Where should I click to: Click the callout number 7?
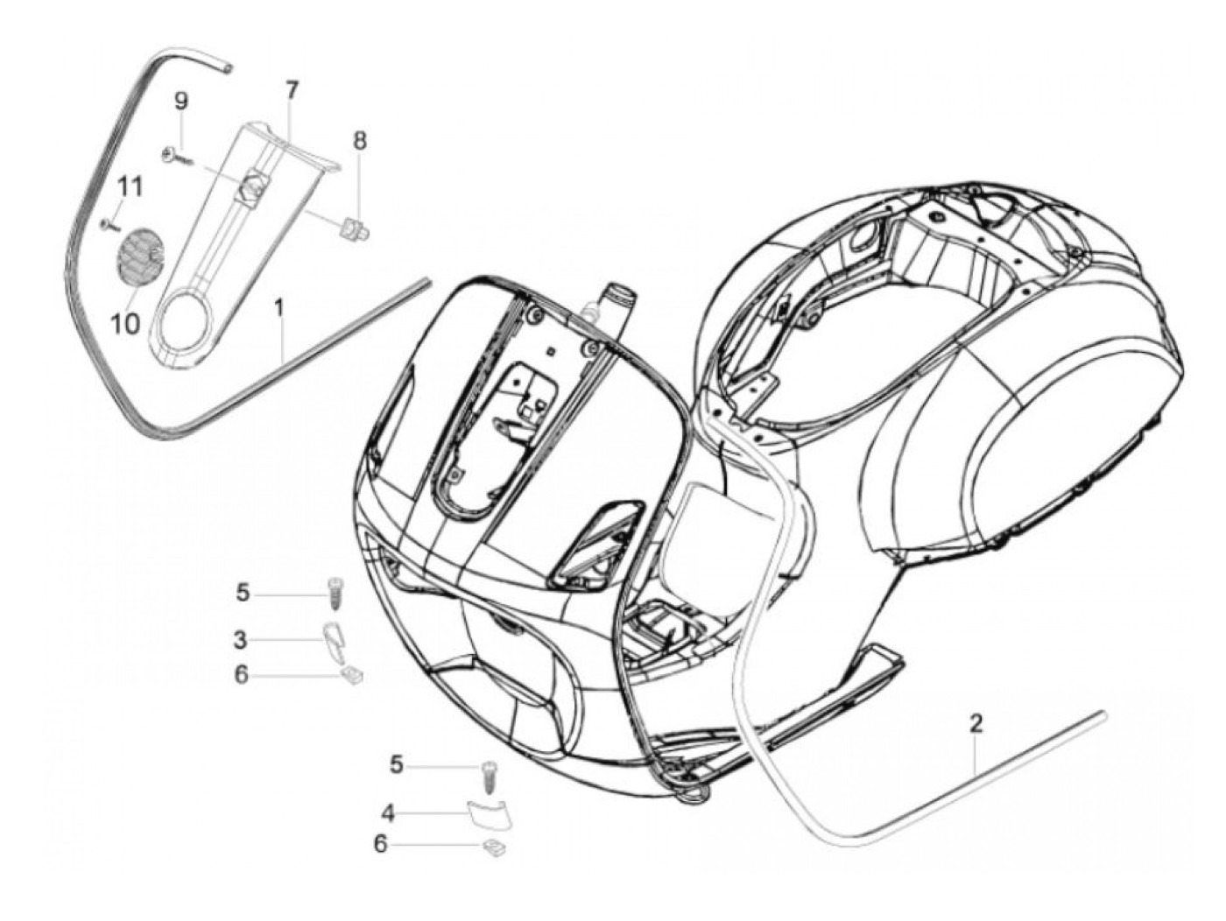click(x=291, y=90)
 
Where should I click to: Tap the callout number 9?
click(x=181, y=101)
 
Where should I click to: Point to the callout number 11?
click(x=130, y=186)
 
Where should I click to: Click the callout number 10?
click(x=125, y=324)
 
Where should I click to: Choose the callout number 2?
click(x=976, y=723)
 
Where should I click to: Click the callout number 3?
click(x=241, y=640)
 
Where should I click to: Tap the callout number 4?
click(x=388, y=813)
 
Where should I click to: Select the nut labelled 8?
click(x=356, y=229)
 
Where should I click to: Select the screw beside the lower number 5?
click(x=488, y=774)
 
